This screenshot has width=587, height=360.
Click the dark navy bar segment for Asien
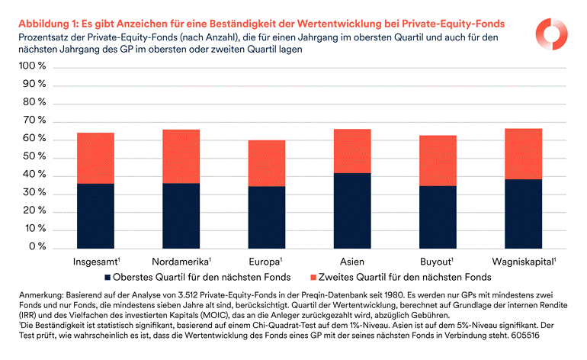pyautogui.click(x=352, y=210)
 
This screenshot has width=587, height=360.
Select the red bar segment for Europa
pyautogui.click(x=266, y=162)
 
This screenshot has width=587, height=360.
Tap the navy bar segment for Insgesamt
pyautogui.click(x=95, y=215)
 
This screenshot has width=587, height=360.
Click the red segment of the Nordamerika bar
pyautogui.click(x=181, y=156)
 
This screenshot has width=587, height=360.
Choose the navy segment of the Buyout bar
pyautogui.click(x=438, y=217)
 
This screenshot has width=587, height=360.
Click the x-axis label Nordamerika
pyautogui.click(x=181, y=261)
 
